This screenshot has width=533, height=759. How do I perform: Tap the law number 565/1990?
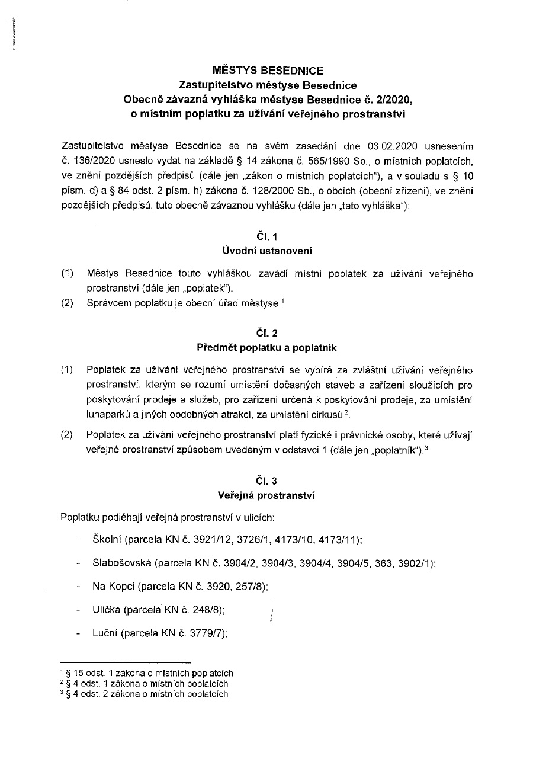point(294,161)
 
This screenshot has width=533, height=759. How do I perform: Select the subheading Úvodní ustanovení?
point(266,251)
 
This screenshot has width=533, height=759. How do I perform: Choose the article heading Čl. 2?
point(266,333)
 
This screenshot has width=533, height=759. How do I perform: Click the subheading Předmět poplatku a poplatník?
point(266,347)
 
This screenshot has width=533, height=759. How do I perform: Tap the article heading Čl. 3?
point(266,482)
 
